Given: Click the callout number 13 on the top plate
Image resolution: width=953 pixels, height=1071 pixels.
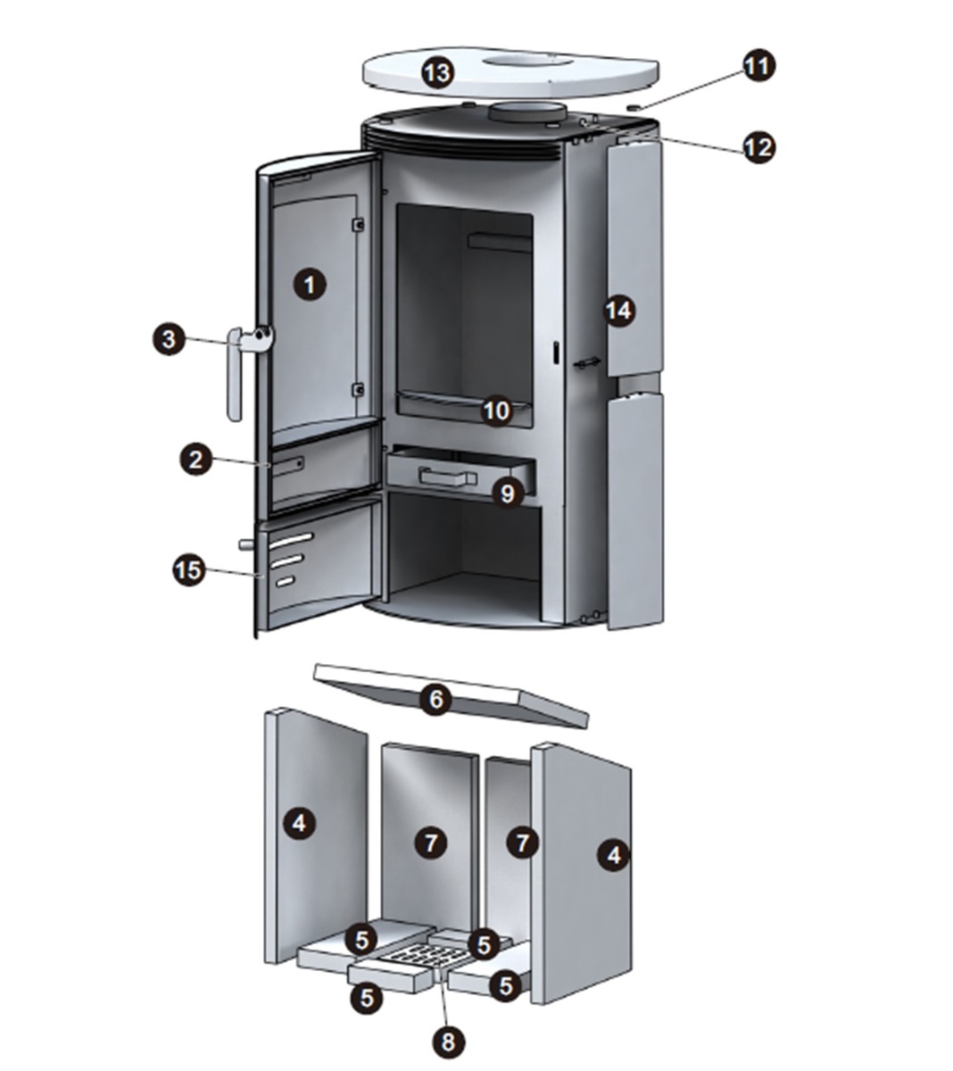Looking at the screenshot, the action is click(x=438, y=73).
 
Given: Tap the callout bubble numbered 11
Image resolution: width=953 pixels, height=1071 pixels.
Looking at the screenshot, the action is click(x=759, y=66).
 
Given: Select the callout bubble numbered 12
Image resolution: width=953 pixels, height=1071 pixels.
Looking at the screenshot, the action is click(x=759, y=147).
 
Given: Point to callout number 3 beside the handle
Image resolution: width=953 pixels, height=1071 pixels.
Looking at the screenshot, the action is click(x=170, y=339).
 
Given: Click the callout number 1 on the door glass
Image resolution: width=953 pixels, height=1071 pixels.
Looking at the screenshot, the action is click(x=310, y=285).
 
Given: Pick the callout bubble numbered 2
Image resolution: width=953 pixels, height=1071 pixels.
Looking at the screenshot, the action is click(x=195, y=460).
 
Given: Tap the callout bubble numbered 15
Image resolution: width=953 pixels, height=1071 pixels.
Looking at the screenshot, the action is click(x=189, y=570).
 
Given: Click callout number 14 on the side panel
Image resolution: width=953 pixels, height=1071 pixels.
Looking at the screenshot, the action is click(x=619, y=311).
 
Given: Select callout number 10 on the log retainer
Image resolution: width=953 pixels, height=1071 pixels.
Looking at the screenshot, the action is click(x=497, y=411).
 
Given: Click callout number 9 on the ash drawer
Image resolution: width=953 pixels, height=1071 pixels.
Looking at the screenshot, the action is click(x=508, y=494).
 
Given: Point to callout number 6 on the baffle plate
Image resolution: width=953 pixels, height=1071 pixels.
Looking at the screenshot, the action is click(x=435, y=700).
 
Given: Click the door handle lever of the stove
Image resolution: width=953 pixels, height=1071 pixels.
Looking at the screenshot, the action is click(x=236, y=376).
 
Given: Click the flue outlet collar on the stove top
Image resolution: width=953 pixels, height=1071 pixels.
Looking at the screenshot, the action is click(x=527, y=112).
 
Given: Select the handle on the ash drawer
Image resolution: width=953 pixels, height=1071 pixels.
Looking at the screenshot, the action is click(x=448, y=477).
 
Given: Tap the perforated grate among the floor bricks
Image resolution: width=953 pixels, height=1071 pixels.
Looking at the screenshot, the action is click(x=421, y=956).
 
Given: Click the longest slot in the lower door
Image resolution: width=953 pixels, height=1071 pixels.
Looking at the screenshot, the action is click(x=291, y=540).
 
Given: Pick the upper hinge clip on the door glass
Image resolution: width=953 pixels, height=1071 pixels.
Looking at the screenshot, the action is click(x=359, y=224).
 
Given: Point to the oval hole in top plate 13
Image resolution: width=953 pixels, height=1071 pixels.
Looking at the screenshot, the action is click(x=527, y=62).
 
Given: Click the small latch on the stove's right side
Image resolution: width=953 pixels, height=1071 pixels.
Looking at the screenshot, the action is click(x=587, y=362).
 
